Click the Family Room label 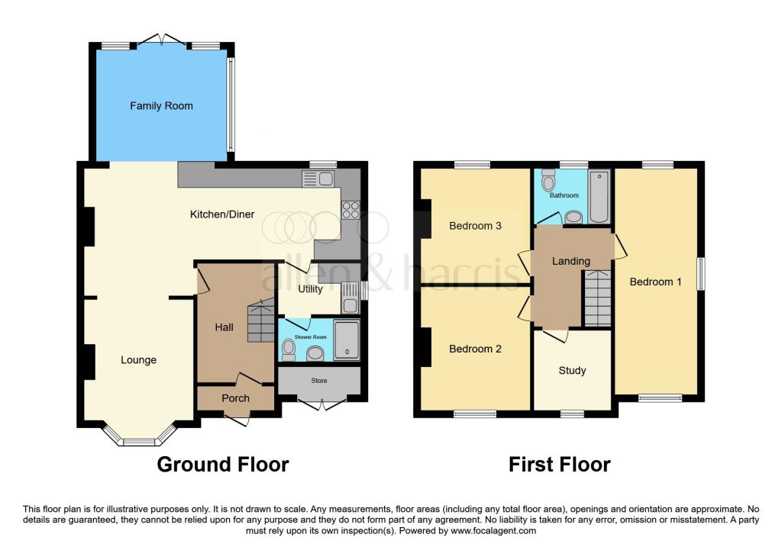[161, 106]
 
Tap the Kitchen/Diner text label [222, 214]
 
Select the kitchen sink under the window [318, 179]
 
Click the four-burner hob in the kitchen [351, 210]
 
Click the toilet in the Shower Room [289, 349]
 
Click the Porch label [235, 398]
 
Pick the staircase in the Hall [260, 321]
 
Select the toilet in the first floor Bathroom [547, 181]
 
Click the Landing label [571, 261]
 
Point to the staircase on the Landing [598, 300]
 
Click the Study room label [572, 371]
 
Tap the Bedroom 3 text [474, 226]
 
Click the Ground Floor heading [223, 464]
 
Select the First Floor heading [560, 464]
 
